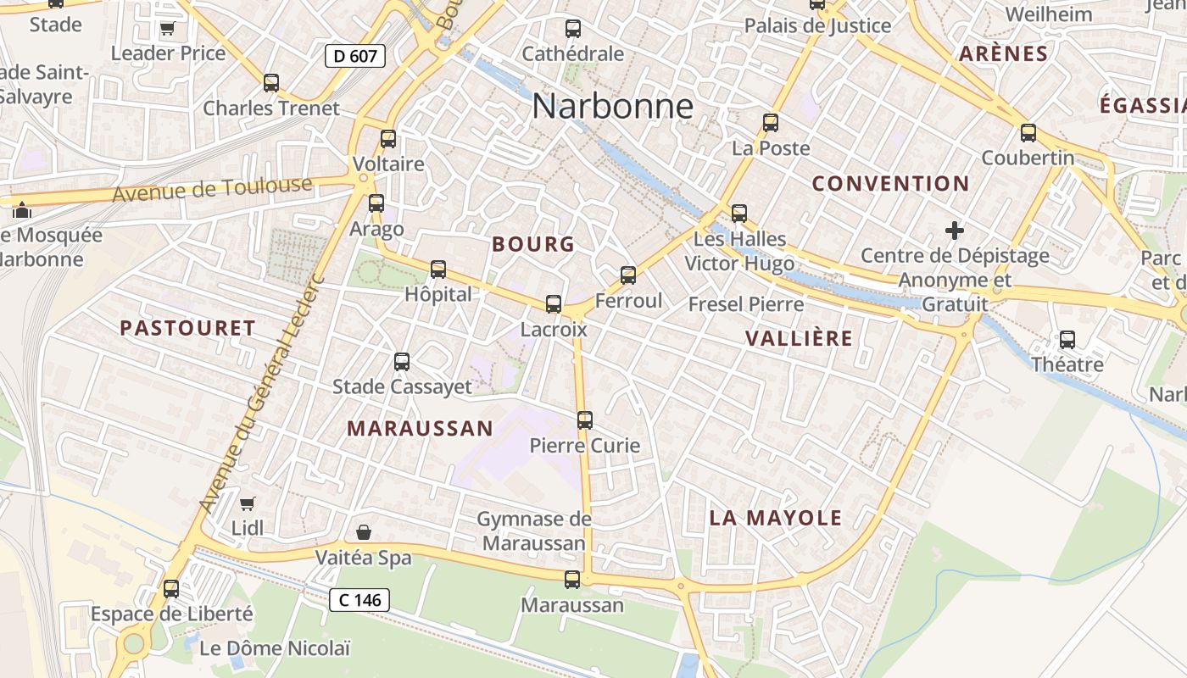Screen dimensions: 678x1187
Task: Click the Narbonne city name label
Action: [x=613, y=107]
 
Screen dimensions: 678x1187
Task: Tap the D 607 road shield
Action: [x=355, y=56]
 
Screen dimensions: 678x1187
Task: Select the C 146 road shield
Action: [x=359, y=600]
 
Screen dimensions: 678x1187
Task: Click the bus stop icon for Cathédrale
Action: [x=573, y=29]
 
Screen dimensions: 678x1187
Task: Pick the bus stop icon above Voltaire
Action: [x=388, y=139]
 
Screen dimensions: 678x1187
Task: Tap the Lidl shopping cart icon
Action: [x=248, y=504]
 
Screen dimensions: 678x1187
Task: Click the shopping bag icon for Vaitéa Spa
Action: [x=364, y=532]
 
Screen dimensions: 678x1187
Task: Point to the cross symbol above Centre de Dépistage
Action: [x=955, y=230]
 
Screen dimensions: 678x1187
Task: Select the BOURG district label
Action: [x=533, y=244]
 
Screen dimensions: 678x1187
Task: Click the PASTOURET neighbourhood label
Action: [x=187, y=328]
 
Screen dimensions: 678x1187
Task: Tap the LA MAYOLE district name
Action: [x=776, y=518]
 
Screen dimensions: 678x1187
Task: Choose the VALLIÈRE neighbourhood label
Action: [x=799, y=338]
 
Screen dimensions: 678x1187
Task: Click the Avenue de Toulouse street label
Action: [x=212, y=189]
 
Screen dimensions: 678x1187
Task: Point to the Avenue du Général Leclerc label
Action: [x=259, y=393]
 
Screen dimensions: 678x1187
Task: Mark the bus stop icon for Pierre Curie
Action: [x=585, y=420]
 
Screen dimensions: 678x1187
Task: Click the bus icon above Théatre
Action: [x=1067, y=340]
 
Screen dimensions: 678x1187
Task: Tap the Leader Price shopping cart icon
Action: [x=167, y=29]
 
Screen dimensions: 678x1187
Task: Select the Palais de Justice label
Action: [x=817, y=25]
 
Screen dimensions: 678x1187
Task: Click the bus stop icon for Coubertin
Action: [x=1028, y=132]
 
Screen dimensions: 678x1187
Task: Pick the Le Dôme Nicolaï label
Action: [x=275, y=649]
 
